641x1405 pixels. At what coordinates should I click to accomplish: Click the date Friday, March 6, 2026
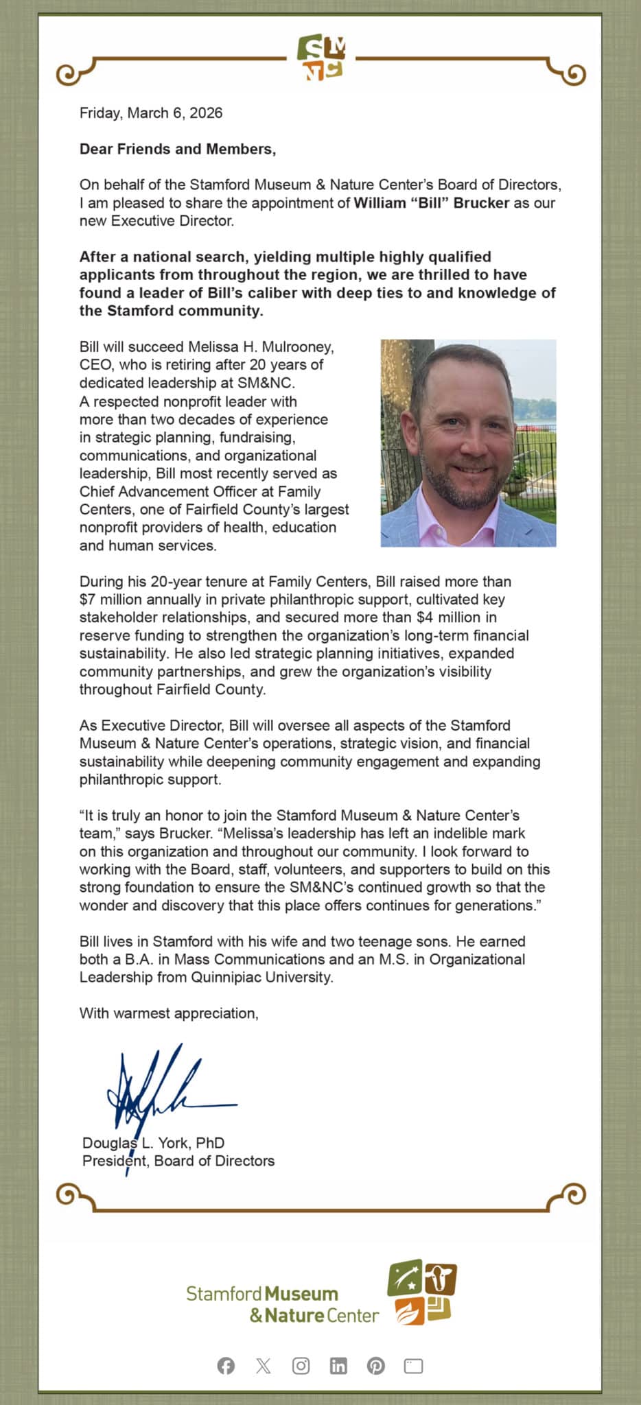tap(151, 113)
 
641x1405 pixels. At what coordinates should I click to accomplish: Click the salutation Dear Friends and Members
tap(177, 149)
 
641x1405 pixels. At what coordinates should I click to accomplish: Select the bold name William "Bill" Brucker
tap(431, 203)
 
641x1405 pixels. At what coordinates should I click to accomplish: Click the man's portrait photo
tap(468, 442)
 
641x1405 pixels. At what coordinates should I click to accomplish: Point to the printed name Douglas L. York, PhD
tap(153, 1143)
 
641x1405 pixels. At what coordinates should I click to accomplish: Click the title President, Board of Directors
tap(178, 1161)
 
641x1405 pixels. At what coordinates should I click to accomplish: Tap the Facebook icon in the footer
tap(226, 1366)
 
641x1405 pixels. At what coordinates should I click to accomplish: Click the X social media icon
tap(264, 1366)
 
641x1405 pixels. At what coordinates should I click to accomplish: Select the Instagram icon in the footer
tap(301, 1366)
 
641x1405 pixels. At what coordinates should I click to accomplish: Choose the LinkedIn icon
tap(338, 1366)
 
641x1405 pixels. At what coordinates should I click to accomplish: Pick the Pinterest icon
tap(375, 1366)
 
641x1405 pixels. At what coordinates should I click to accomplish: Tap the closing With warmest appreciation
tap(169, 1013)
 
